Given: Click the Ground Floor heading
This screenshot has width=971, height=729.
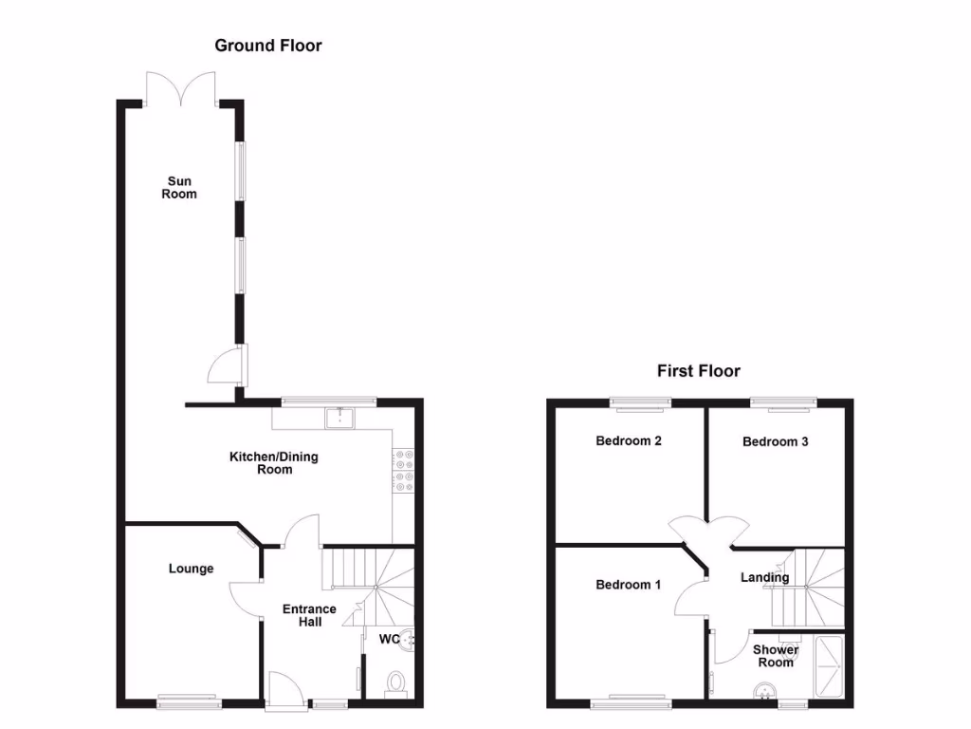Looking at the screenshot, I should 267,46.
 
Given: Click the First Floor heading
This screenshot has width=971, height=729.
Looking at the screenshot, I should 698,371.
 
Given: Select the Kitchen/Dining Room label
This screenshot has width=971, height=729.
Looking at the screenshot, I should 274,463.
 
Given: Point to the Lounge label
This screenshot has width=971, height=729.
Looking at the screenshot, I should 191,569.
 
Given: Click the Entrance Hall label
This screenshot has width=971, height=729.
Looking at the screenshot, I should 309,615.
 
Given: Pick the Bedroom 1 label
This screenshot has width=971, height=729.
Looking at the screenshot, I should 628,585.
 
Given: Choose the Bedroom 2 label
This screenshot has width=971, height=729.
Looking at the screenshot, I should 628,440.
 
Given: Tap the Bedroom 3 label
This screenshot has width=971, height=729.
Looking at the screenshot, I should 775,441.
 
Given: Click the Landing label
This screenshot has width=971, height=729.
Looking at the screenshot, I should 764,577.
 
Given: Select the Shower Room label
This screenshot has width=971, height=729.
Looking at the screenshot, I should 775,656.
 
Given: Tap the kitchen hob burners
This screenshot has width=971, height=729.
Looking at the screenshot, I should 400,471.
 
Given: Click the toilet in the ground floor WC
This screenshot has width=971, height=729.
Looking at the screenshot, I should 396,683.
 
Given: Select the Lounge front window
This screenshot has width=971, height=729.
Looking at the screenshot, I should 189,702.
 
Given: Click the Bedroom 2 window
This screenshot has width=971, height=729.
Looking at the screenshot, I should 640,402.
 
